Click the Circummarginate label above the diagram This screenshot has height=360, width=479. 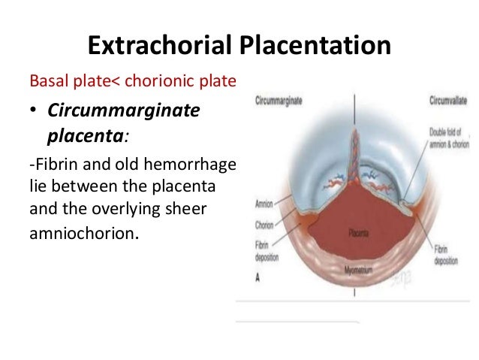[279, 101]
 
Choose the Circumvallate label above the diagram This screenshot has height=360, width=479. [448, 101]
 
